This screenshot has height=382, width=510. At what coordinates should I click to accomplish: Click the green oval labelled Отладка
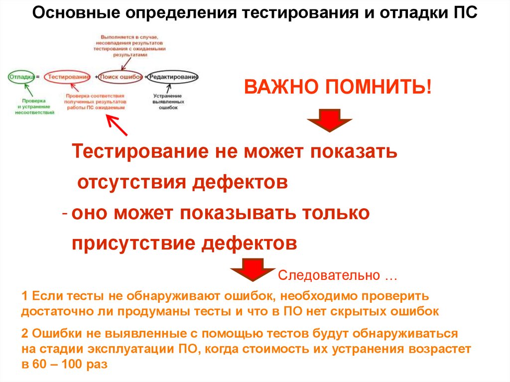coord(21,77)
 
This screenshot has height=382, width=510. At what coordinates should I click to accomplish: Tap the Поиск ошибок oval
coord(120,77)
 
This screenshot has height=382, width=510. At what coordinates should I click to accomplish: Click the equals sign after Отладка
coord(38,77)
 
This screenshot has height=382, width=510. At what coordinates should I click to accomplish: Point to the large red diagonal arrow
coord(118,125)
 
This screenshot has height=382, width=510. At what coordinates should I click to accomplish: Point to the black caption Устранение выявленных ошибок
coord(166,101)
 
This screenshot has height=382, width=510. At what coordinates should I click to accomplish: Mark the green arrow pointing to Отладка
coord(29,90)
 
